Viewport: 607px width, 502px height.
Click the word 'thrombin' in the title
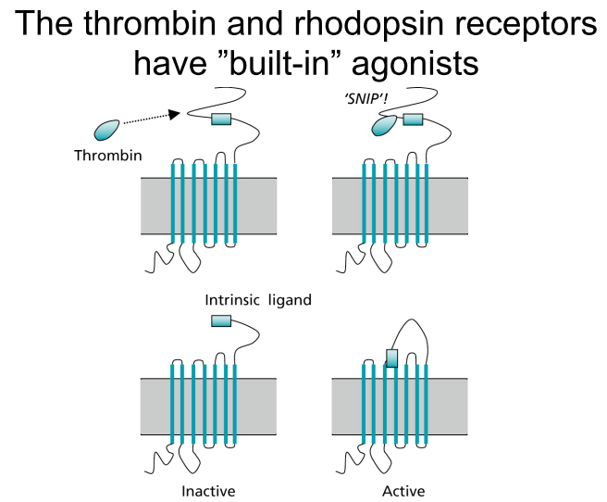(x=149, y=23)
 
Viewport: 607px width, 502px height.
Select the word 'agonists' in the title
(x=415, y=65)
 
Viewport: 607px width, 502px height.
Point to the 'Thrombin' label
(x=108, y=156)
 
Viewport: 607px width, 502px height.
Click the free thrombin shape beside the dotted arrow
(x=106, y=130)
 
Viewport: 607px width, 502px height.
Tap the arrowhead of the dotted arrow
(x=175, y=114)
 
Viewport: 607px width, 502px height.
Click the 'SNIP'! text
(x=365, y=99)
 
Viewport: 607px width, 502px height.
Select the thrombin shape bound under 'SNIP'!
(x=384, y=126)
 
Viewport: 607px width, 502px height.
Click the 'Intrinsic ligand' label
(x=258, y=300)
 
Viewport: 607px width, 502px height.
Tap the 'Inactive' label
(x=208, y=491)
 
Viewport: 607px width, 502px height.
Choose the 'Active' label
(x=403, y=491)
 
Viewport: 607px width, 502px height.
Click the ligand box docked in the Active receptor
(x=391, y=358)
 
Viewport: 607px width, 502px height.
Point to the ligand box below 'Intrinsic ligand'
(x=221, y=320)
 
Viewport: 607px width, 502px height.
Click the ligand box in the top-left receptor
(x=221, y=119)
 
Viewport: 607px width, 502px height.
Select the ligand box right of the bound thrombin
(x=413, y=119)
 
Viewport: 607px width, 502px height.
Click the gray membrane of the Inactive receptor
(x=208, y=407)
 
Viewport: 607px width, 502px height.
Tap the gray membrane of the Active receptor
(x=400, y=407)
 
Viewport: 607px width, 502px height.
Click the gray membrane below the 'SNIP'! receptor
(x=400, y=206)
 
